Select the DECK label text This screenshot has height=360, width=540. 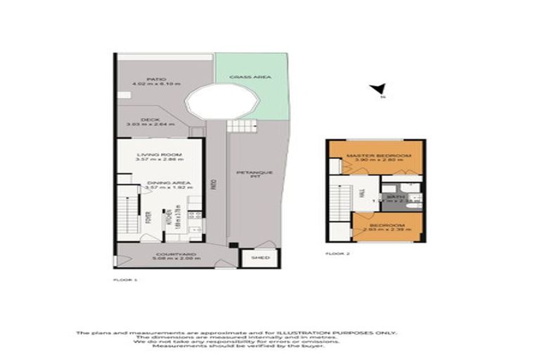(x=150, y=120)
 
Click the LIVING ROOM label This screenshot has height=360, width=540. (x=160, y=154)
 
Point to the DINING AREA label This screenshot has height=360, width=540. (x=160, y=181)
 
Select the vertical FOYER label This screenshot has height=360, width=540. (x=148, y=218)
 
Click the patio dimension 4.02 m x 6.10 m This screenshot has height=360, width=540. (x=156, y=85)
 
